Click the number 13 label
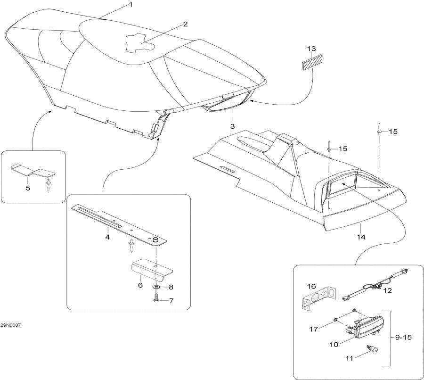click(x=311, y=49)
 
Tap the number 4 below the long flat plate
click(x=107, y=237)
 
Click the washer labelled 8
click(x=156, y=287)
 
